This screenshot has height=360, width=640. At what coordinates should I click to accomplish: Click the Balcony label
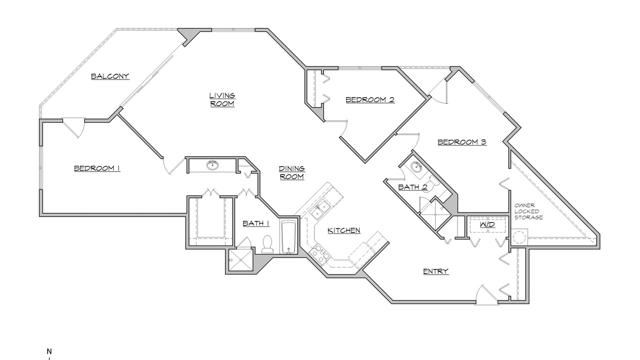(110, 76)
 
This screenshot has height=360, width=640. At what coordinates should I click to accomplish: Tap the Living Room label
(222, 99)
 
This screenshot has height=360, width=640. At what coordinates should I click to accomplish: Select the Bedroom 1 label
(97, 168)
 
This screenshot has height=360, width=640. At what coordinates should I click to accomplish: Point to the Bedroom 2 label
(370, 99)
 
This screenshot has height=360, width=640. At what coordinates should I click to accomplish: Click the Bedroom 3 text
(462, 142)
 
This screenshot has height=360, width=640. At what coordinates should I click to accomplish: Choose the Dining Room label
(291, 172)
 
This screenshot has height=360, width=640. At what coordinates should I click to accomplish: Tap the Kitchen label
(343, 230)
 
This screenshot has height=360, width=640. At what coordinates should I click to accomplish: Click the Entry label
(435, 271)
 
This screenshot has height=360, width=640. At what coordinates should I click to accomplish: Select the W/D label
(487, 224)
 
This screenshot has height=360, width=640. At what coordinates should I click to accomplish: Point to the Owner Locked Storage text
(528, 211)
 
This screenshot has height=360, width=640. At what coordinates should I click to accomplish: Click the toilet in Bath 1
(267, 244)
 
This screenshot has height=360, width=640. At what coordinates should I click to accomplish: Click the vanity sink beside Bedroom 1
(212, 165)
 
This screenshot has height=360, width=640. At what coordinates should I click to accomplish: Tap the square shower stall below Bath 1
(240, 259)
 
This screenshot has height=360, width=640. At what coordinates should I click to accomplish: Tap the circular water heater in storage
(519, 237)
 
